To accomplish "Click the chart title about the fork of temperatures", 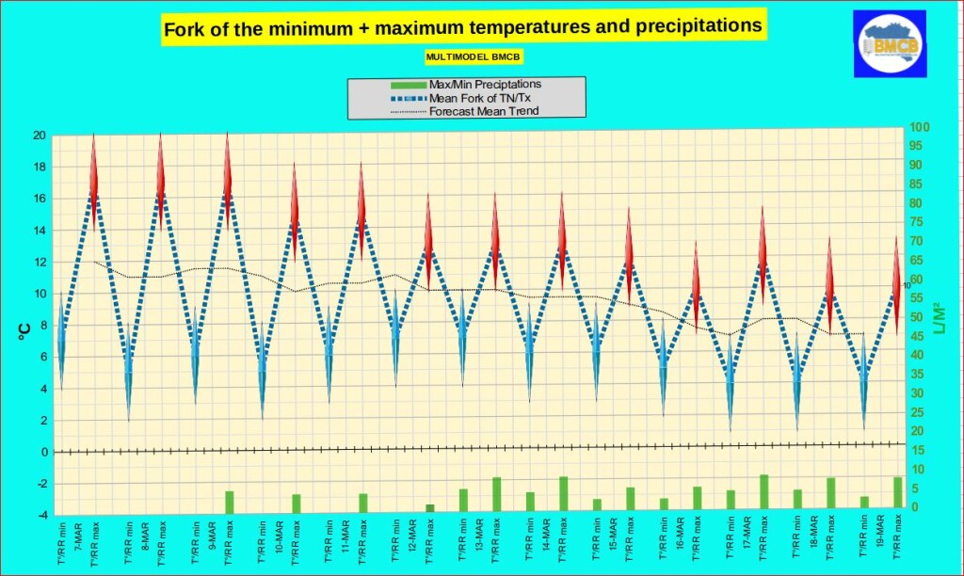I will point(462,27).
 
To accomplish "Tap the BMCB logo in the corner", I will point(890,44).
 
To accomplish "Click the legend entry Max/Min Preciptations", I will point(485,84).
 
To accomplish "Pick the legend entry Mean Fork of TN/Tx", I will point(485,97).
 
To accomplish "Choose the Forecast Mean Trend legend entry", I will point(484,111).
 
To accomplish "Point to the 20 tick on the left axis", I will point(40,136).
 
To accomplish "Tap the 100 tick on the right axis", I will point(920,127).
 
